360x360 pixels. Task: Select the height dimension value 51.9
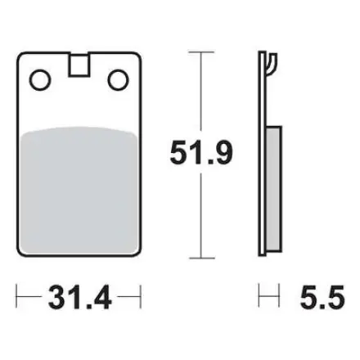pos(201,153)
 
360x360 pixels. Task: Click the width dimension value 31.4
pos(79,297)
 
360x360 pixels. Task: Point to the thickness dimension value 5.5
pos(322,297)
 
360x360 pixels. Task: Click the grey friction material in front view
pos(79,191)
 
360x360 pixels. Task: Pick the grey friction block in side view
pos(273,188)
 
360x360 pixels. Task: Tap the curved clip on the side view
pos(272,64)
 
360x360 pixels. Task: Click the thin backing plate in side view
pos(262,154)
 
